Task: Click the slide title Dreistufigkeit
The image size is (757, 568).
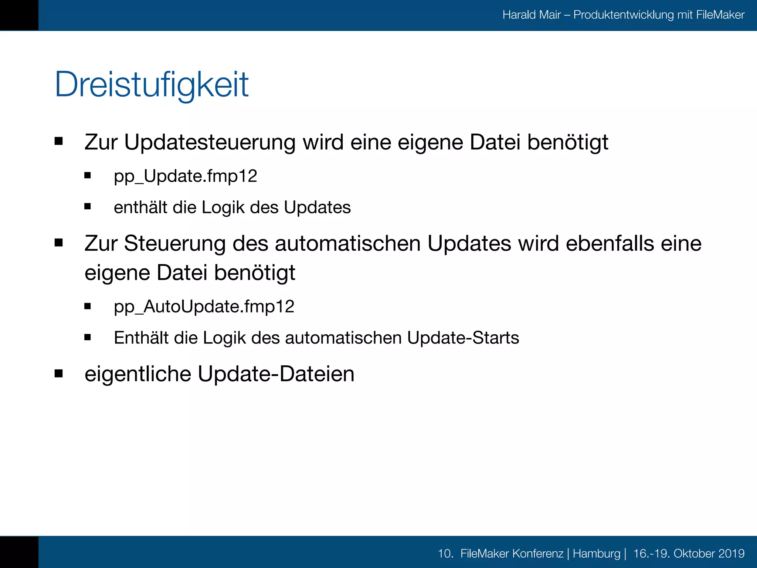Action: click(x=152, y=84)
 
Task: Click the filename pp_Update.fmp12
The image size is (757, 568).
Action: click(x=185, y=176)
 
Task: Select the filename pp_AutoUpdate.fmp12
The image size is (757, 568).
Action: click(x=204, y=307)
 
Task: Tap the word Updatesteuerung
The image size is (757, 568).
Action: click(x=210, y=142)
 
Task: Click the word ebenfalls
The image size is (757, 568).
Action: click(x=610, y=244)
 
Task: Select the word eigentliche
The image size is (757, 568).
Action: click(x=138, y=374)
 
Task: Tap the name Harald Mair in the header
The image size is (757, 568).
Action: click(x=532, y=15)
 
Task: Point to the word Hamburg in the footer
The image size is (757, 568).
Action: click(x=596, y=554)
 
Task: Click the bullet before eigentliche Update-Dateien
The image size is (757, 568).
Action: click(x=58, y=373)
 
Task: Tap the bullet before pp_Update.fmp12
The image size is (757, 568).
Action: click(x=88, y=175)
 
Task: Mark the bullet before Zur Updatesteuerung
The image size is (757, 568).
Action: click(x=58, y=141)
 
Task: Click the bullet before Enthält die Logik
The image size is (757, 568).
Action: click(x=88, y=337)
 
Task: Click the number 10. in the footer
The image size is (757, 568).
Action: click(x=445, y=554)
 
